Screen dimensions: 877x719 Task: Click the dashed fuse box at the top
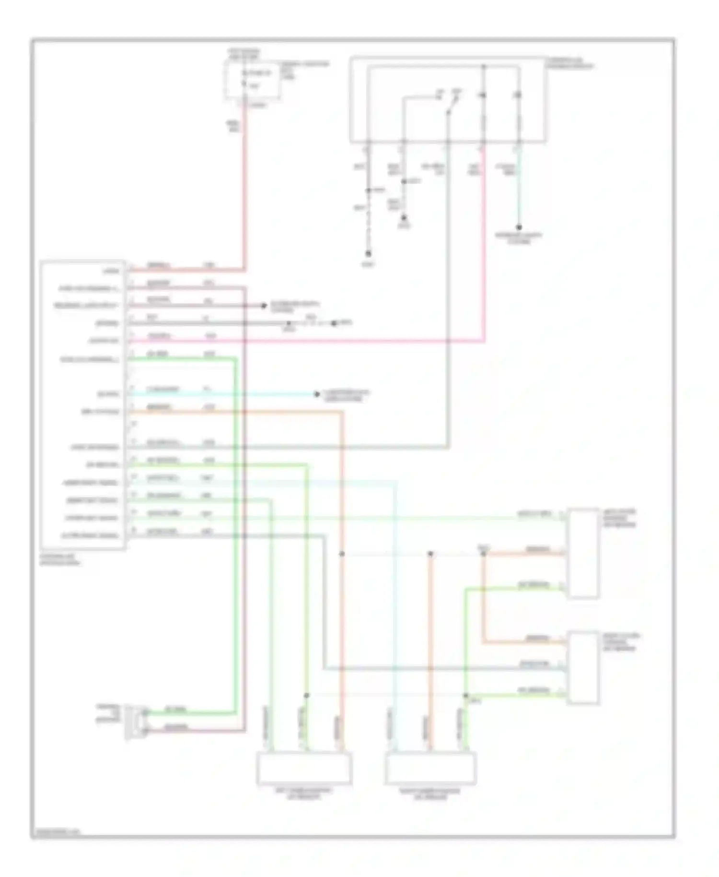click(253, 81)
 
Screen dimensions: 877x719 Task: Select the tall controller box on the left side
click(83, 404)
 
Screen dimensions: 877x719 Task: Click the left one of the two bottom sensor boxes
click(304, 768)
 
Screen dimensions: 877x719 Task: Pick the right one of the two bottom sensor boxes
click(430, 768)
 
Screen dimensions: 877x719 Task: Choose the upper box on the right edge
click(583, 553)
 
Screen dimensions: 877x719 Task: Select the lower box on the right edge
click(583, 668)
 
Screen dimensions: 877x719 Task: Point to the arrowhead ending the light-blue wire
click(316, 394)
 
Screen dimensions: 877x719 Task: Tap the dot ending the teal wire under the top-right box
click(519, 227)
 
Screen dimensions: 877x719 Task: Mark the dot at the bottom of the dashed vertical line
click(368, 253)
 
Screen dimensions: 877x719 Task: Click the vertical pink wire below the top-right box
click(483, 240)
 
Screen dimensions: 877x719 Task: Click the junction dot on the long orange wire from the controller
click(342, 554)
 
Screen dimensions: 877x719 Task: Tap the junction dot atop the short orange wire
click(430, 554)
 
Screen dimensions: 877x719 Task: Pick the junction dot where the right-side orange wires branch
click(483, 554)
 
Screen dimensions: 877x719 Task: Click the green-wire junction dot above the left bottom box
click(307, 695)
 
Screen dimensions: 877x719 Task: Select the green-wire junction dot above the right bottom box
click(465, 695)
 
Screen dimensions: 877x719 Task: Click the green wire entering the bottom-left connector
click(192, 712)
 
